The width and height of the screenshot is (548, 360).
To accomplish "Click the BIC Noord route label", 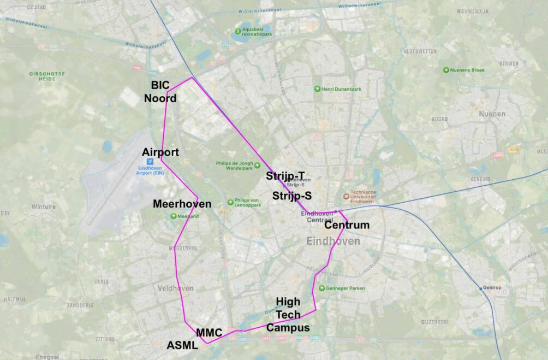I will pos(160,92).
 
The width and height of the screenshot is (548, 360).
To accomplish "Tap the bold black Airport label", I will pos(160,152).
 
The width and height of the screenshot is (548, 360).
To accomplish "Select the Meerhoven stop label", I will pos(182,204).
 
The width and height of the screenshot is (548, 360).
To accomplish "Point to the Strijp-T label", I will pos(285,176).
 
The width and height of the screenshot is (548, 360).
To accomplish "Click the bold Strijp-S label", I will pos(292,196).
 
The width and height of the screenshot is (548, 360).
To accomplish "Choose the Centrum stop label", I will pos(347,225).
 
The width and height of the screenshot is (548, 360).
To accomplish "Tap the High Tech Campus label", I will pos(288,315).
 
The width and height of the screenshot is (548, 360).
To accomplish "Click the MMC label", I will pos(209,332).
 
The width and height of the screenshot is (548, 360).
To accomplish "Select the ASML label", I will pos(182,345).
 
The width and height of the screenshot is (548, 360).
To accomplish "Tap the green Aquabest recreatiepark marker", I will pos(238,31).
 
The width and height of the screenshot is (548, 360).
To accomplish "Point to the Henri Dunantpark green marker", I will pos(317,89).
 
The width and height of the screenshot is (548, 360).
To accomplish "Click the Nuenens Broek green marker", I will pos(446,70).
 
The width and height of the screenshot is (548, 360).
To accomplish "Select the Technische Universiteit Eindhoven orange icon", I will pos(346,197).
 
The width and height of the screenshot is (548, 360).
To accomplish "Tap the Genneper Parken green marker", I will pos(321,288).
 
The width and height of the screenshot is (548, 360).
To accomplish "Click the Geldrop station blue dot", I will pos(481,288).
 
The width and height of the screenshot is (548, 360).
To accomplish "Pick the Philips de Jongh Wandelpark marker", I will pos(257,165).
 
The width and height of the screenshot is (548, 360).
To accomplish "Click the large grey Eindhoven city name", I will pos(333,241).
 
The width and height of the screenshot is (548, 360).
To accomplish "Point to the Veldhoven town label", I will pos(175,288).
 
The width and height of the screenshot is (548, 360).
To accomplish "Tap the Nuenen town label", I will pos(492,114).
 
